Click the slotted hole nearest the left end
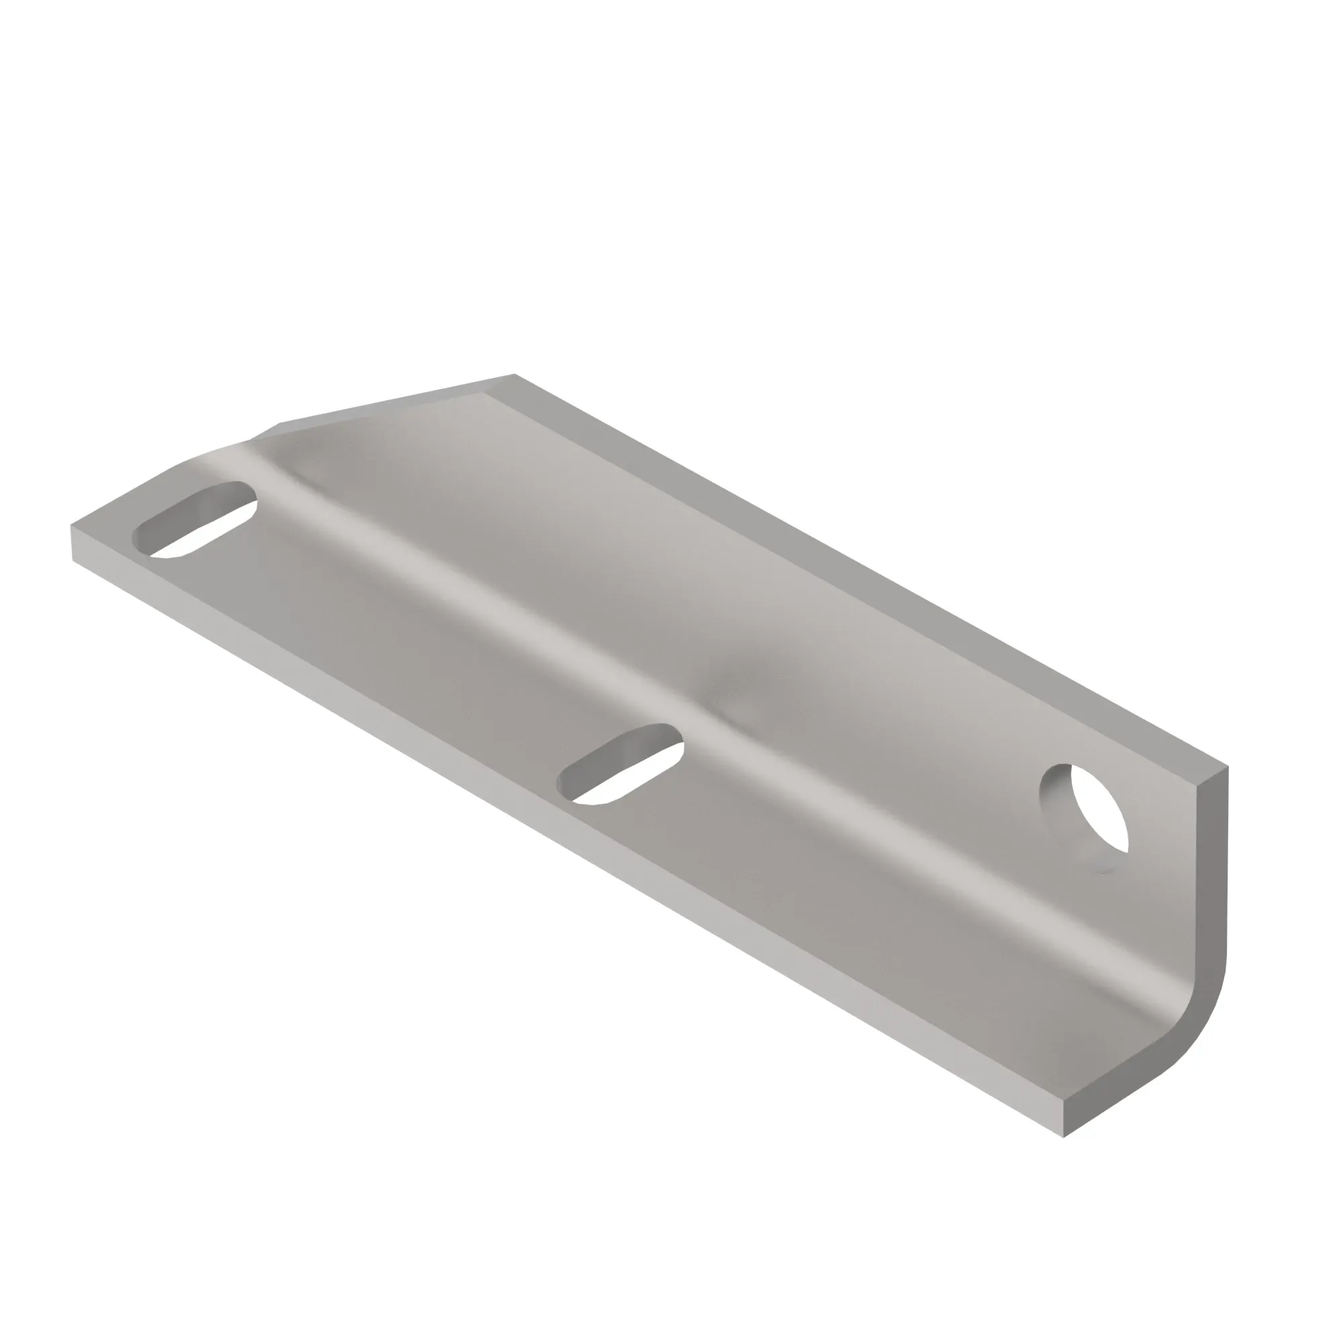pos(195,520)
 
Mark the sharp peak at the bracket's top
pos(514,375)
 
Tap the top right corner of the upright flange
pos(1227,768)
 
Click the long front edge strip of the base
pos(556,834)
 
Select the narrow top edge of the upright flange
pos(869,570)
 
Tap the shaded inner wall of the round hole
pos(1055,799)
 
